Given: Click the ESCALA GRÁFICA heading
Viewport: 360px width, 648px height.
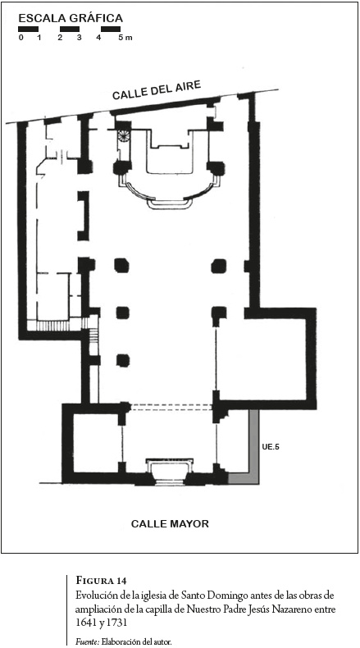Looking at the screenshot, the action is click(71, 18).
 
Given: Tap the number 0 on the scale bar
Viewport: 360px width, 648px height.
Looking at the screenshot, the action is click(21, 38).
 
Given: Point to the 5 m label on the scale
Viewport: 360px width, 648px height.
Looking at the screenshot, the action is click(125, 38).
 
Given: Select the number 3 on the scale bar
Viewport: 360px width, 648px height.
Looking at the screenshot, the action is click(79, 38).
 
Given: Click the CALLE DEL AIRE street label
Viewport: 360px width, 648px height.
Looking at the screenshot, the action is click(157, 90).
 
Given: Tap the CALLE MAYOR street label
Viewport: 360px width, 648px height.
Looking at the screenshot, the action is click(170, 524).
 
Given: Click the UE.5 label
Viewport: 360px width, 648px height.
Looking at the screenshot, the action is click(271, 446).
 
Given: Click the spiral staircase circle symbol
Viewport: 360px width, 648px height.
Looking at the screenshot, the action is click(124, 135).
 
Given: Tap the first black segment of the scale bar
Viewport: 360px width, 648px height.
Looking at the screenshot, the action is click(28, 30).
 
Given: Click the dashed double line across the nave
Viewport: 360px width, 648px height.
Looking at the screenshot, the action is click(171, 407).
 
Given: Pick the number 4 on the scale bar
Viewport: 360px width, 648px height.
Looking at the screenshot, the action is click(98, 38).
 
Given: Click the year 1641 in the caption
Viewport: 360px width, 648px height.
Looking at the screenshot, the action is click(83, 621).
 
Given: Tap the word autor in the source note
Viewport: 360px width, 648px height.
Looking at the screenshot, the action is click(162, 641).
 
